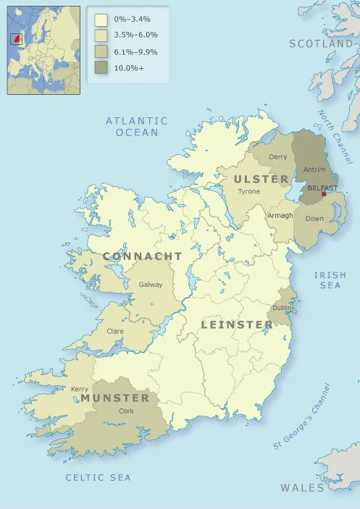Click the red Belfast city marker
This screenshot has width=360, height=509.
(324, 194)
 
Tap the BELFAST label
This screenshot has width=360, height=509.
(322, 188)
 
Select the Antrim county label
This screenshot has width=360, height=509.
(314, 170)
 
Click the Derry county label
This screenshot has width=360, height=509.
(277, 156)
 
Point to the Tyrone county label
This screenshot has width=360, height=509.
(248, 191)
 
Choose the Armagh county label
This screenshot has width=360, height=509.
(280, 216)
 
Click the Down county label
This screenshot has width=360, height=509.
(314, 218)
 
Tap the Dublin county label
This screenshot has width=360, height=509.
(282, 308)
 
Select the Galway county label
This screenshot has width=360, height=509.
(151, 285)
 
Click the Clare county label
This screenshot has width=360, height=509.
(114, 331)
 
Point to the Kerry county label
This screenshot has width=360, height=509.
(80, 389)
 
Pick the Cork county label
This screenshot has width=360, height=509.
(126, 411)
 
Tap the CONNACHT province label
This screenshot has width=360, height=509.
(143, 257)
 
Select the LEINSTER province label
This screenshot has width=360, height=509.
(237, 324)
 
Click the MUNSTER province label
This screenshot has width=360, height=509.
(115, 398)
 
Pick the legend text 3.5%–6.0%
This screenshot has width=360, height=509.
(135, 35)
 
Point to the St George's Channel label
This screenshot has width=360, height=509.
(302, 416)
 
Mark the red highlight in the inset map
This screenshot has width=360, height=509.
(16, 38)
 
